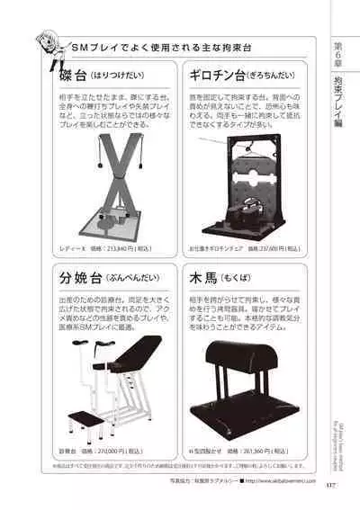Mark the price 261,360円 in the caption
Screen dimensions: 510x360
click(262, 447)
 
